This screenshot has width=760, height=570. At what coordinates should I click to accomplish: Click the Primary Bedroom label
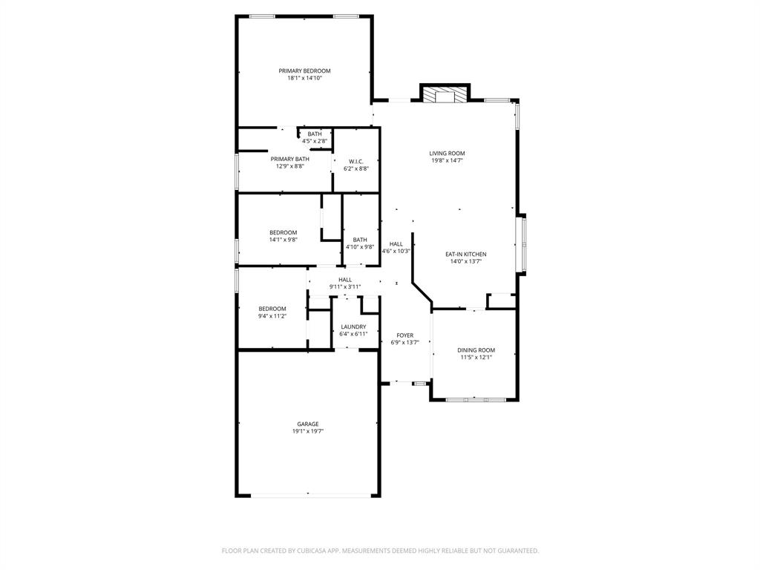(x=304, y=71)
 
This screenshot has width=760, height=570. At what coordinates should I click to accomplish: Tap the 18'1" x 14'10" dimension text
(x=304, y=78)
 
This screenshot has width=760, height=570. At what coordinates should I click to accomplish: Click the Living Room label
(x=447, y=154)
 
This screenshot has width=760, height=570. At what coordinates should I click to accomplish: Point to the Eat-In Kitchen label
(x=465, y=254)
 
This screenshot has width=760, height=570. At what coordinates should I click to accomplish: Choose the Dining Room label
(x=476, y=350)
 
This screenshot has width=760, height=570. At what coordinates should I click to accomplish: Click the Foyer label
(x=405, y=335)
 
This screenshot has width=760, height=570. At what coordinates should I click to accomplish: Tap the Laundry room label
(x=353, y=327)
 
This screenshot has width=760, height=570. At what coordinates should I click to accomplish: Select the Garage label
(x=308, y=424)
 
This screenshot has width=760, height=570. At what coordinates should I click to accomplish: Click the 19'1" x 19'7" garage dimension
(x=308, y=431)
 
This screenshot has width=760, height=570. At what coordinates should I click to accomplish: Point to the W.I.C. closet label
(x=356, y=161)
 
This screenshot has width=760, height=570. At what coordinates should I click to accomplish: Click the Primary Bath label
(x=289, y=159)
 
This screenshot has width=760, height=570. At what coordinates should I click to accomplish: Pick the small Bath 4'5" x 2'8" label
(x=315, y=134)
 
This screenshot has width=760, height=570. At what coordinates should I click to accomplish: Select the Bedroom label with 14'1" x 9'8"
(x=283, y=232)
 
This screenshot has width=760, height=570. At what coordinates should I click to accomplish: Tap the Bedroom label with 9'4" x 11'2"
(x=272, y=309)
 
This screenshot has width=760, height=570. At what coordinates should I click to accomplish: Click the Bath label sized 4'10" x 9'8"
(x=360, y=239)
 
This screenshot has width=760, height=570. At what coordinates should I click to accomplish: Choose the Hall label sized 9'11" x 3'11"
(x=345, y=279)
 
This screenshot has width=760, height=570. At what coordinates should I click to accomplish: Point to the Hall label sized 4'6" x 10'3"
(x=396, y=243)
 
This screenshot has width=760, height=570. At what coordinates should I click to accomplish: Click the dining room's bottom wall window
(x=476, y=400)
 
